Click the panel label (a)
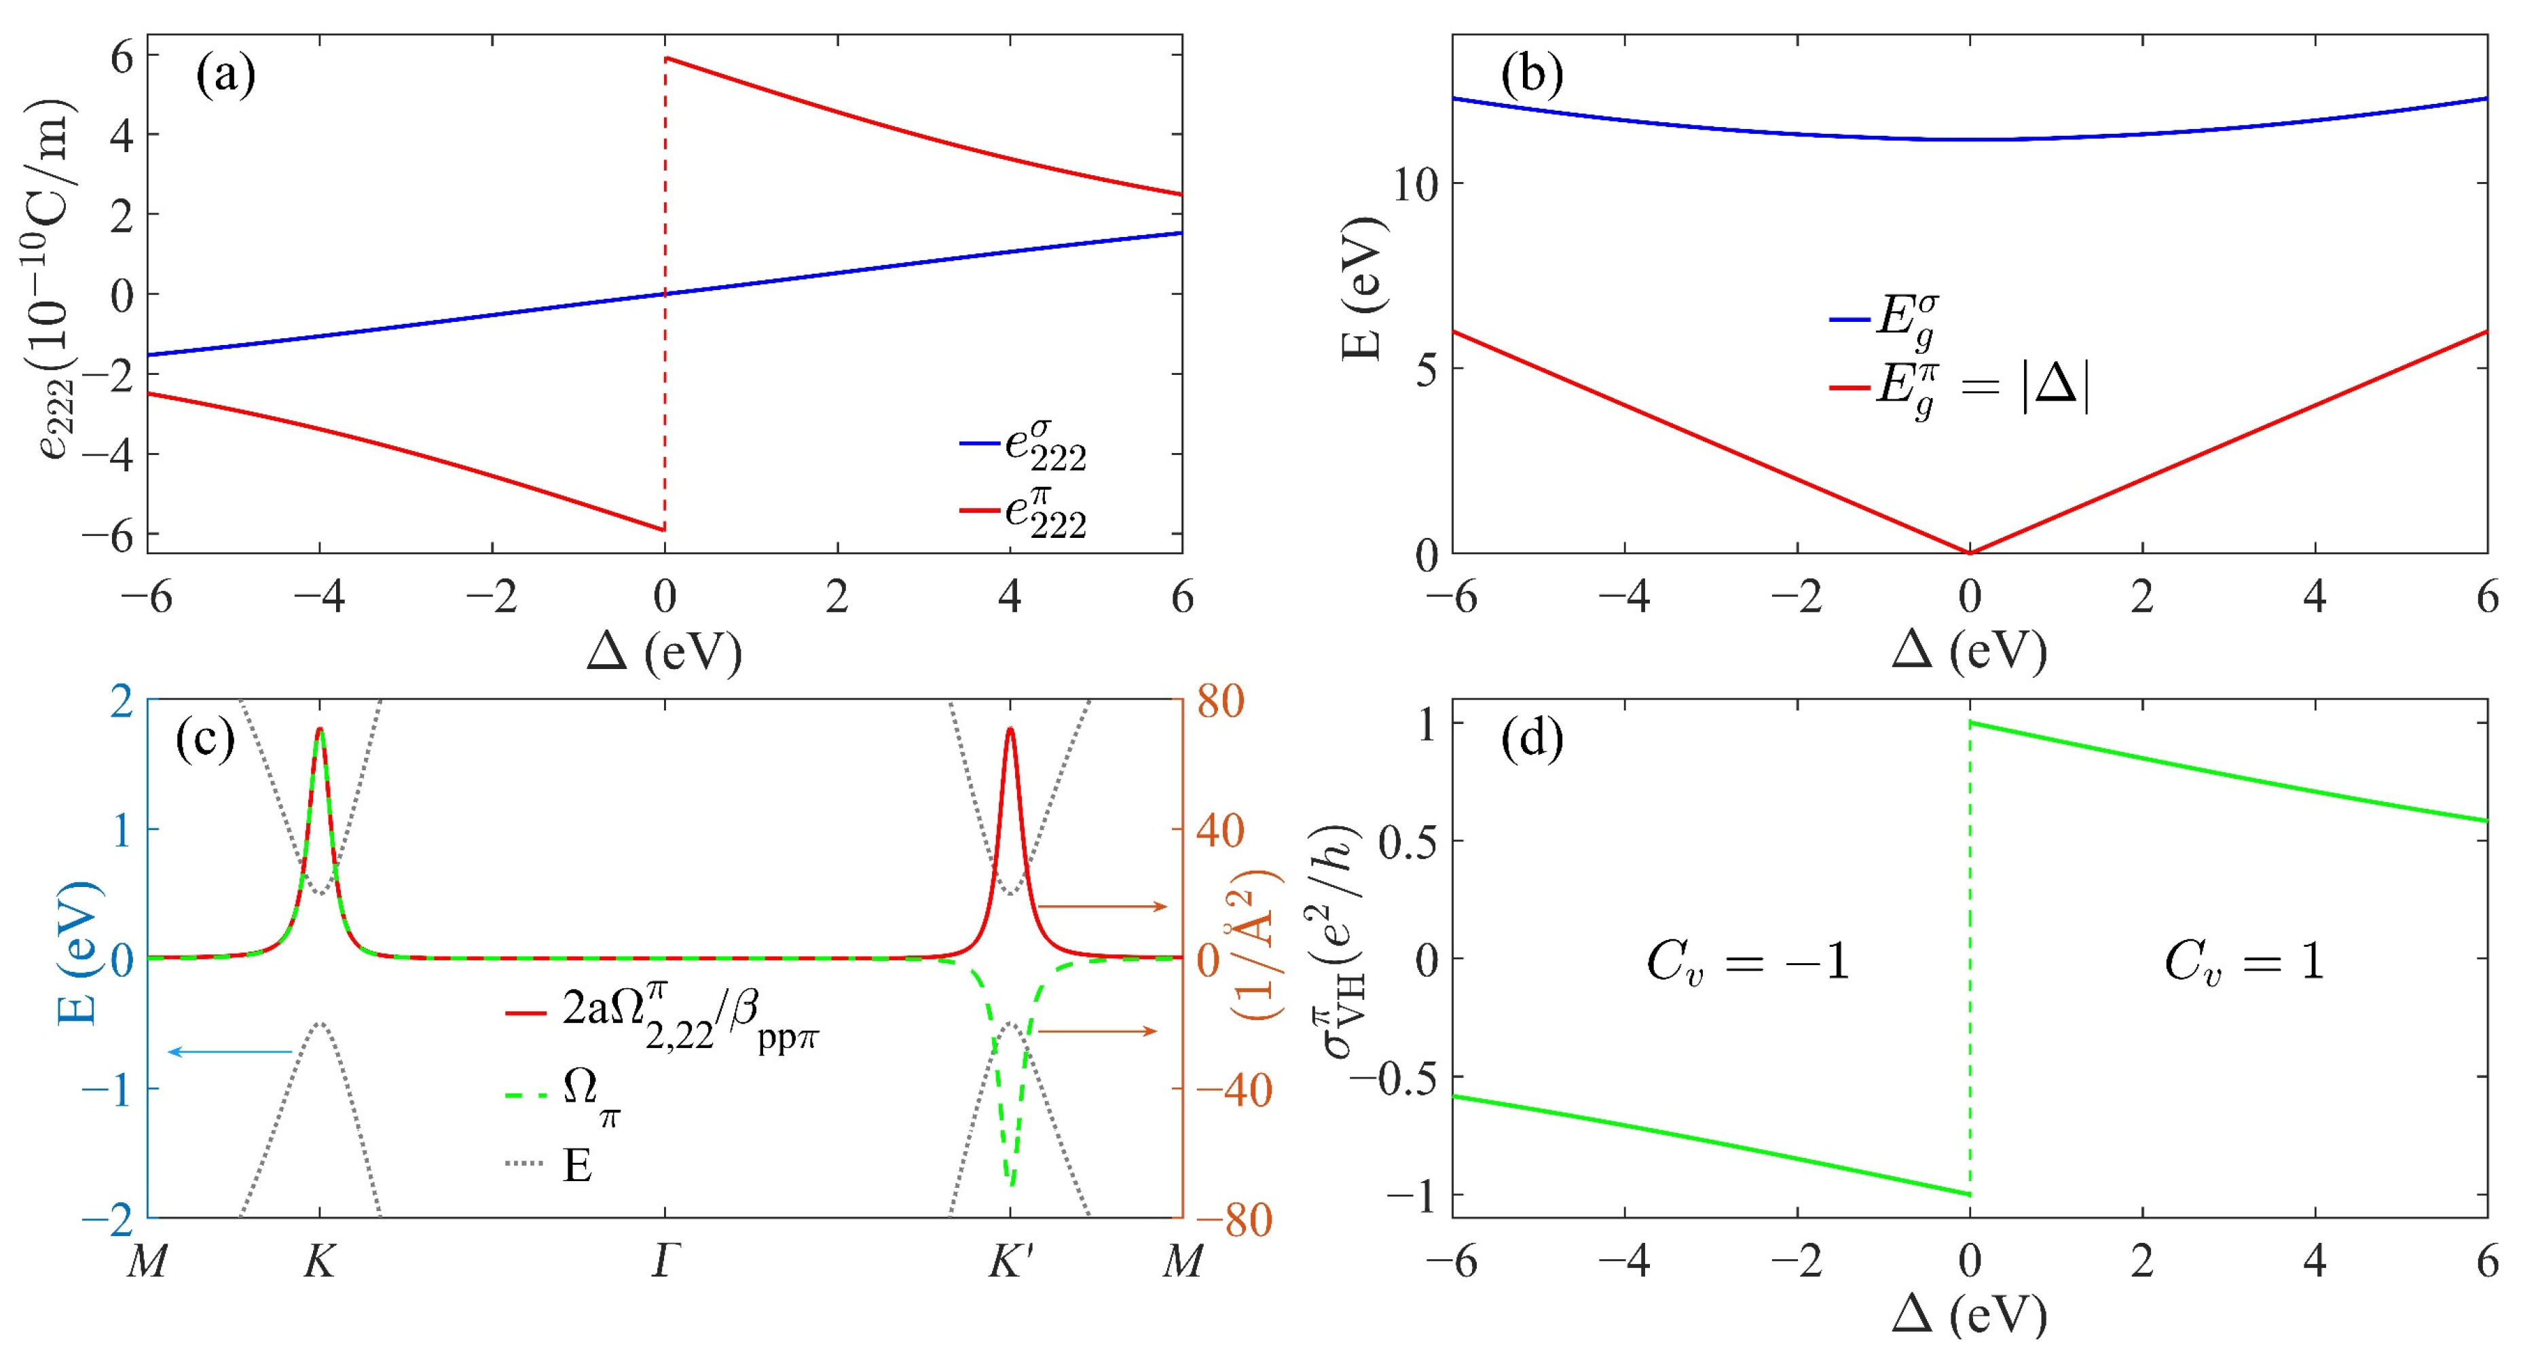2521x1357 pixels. coord(225,75)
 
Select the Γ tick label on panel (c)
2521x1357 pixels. coord(665,1263)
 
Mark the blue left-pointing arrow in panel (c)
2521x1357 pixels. coord(231,1051)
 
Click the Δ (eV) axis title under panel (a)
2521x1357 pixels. coord(665,651)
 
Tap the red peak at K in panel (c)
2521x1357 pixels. coord(320,730)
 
